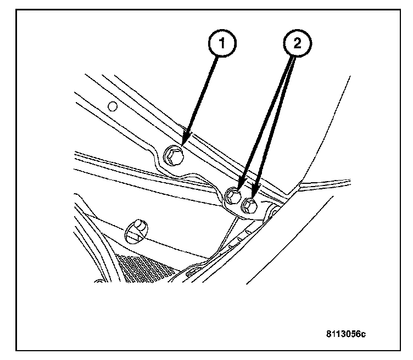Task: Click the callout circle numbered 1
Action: click(x=221, y=44)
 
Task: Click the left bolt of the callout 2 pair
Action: click(x=233, y=194)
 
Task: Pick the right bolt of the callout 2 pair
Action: click(x=249, y=206)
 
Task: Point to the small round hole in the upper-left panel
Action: click(x=112, y=106)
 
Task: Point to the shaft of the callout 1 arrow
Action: click(x=203, y=93)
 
